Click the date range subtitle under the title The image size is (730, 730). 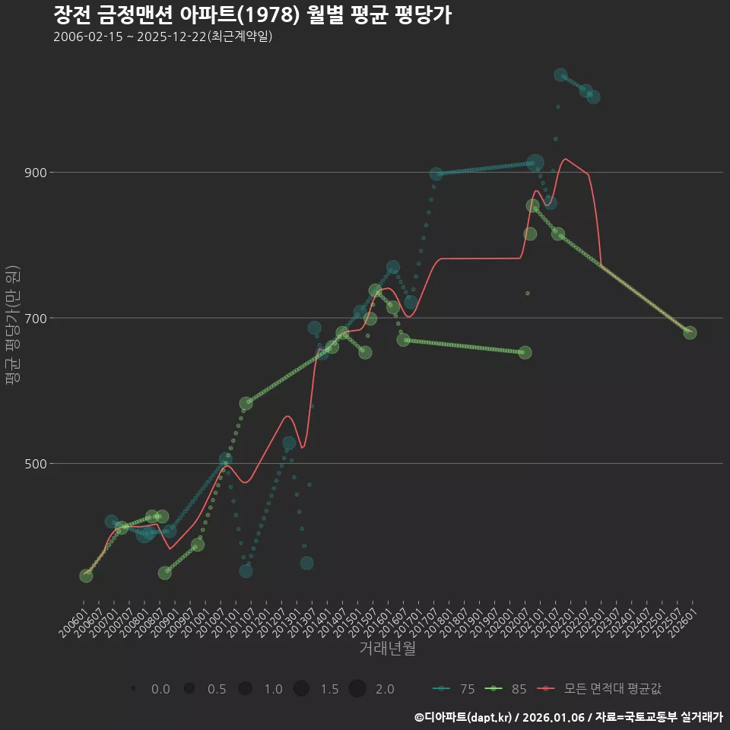(163, 37)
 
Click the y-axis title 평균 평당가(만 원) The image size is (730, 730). (11, 327)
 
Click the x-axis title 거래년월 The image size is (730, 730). (387, 649)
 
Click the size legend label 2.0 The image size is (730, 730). (385, 689)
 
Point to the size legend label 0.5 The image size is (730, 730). (217, 689)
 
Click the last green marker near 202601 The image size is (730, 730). (690, 332)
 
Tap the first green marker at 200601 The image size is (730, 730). (86, 576)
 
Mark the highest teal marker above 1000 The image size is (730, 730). (560, 75)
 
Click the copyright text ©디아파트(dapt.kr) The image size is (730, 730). (463, 717)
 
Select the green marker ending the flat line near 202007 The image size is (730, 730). (525, 352)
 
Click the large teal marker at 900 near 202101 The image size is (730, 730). (535, 162)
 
